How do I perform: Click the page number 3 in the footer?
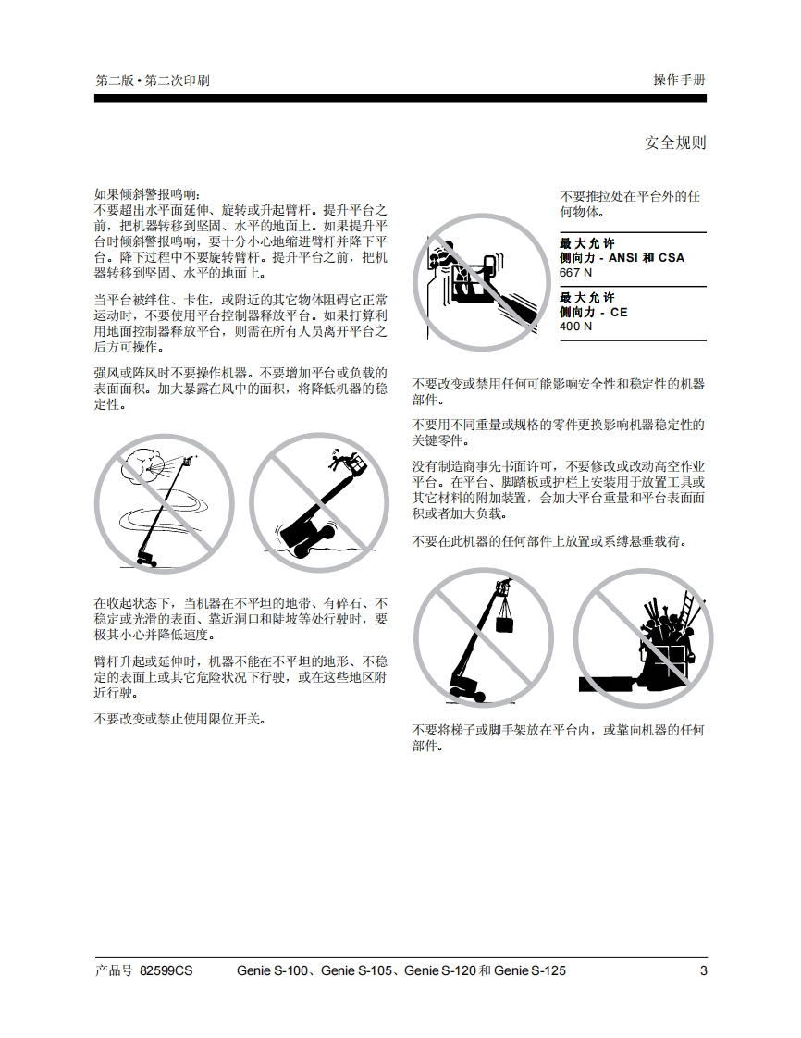coord(703,970)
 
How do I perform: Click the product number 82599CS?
coord(166,970)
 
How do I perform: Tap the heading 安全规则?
coord(675,142)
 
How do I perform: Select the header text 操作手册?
coord(679,80)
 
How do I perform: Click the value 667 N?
coord(576,272)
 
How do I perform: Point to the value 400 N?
coord(576,326)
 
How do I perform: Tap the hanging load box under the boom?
coord(505,622)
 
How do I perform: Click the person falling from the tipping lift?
coord(340,460)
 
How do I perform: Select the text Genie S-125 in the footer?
coord(530,970)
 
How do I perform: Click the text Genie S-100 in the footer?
coord(272,970)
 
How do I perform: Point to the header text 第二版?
coord(115,80)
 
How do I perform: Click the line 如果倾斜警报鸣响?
coord(146,194)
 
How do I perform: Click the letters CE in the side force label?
coord(619,312)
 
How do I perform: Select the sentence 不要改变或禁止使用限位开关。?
coord(180,719)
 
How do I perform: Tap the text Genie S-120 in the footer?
coord(440,970)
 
